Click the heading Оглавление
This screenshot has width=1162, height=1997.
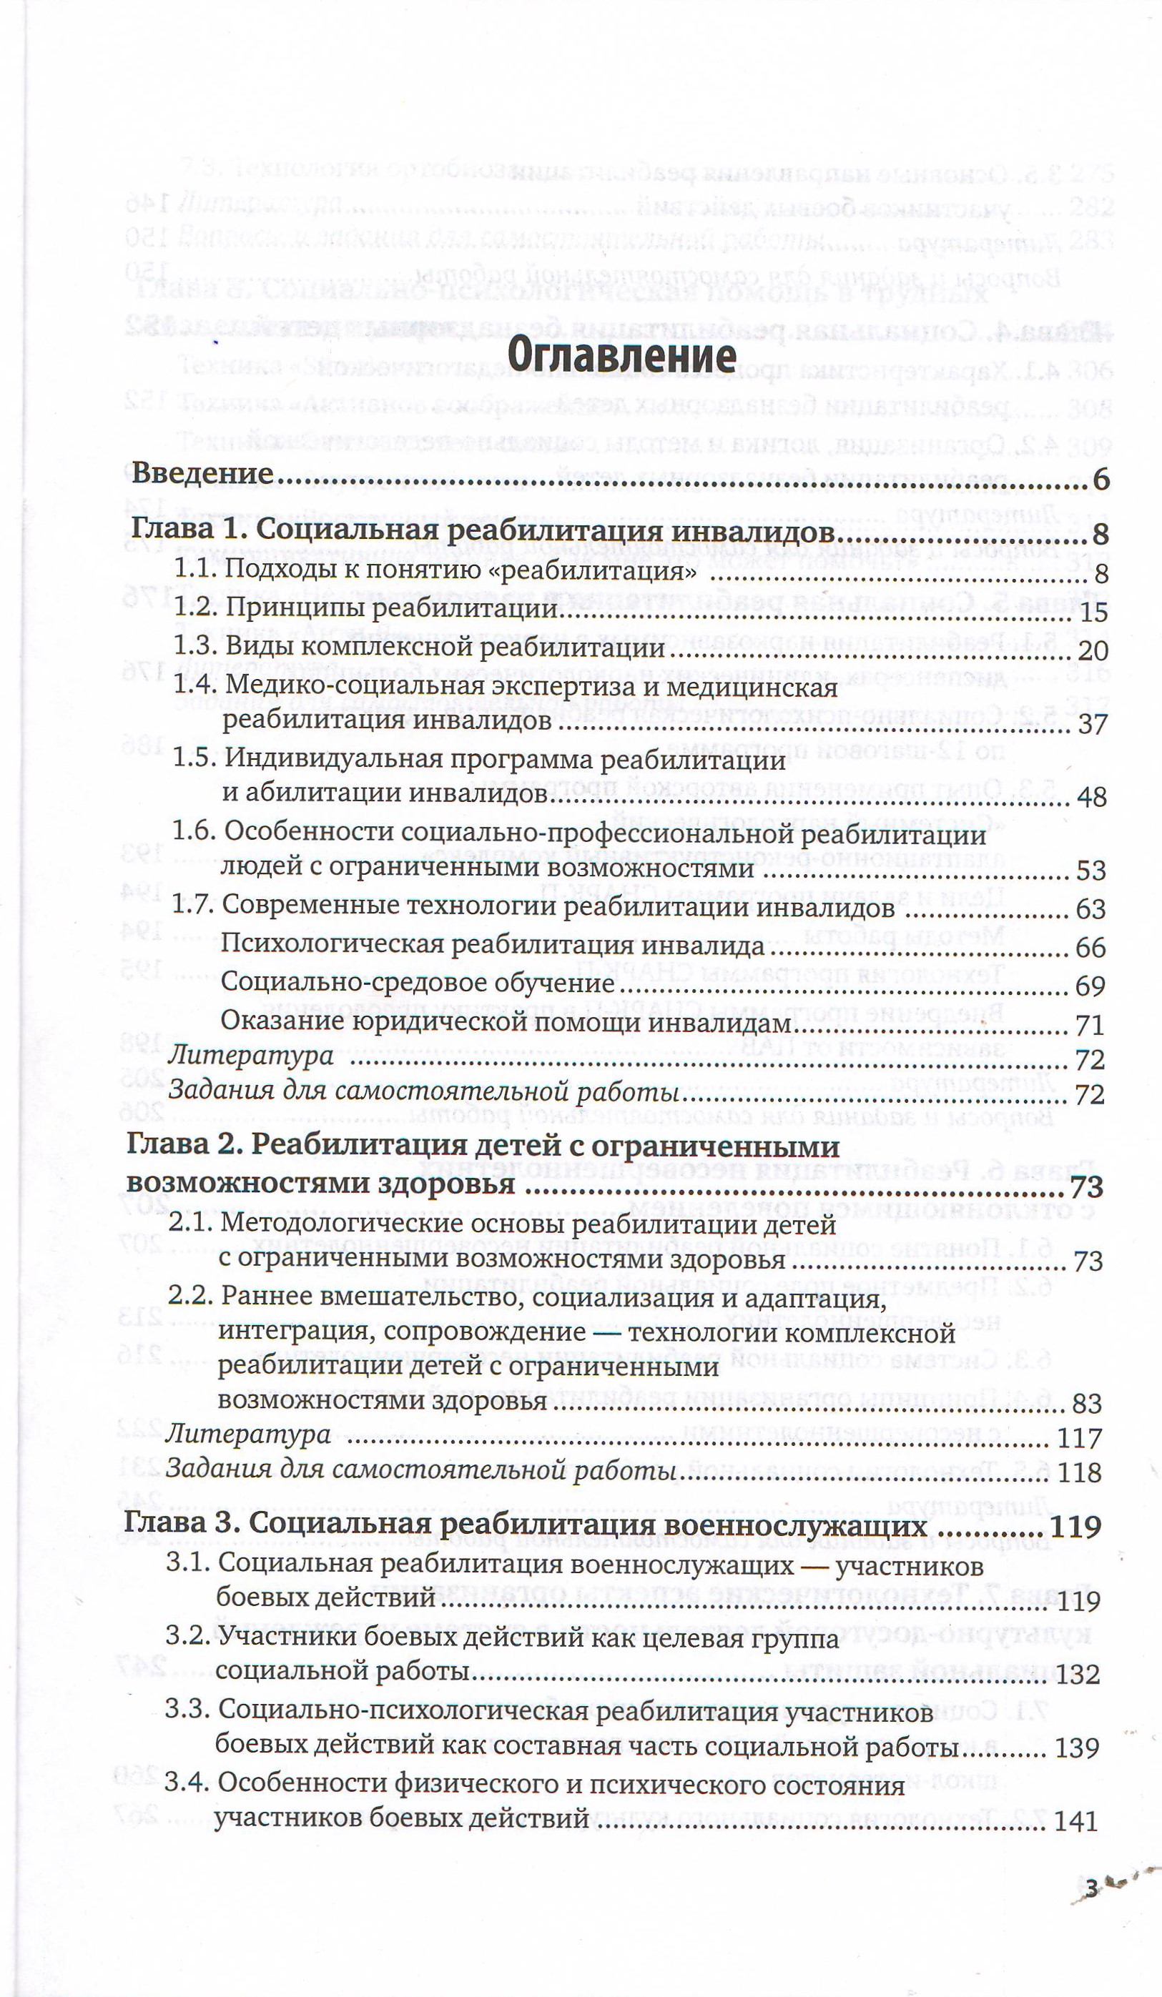(x=621, y=356)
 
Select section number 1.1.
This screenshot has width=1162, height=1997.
(x=195, y=568)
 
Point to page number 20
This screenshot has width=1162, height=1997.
(x=1092, y=651)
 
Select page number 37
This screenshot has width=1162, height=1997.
(x=1092, y=724)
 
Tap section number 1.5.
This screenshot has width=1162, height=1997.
(x=195, y=758)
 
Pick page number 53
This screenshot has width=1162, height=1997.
(x=1091, y=871)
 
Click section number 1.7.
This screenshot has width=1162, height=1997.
(x=193, y=904)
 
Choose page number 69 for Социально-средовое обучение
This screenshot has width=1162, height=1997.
(x=1090, y=986)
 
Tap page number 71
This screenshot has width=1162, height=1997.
(x=1090, y=1026)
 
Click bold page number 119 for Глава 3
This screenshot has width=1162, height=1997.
(x=1075, y=1527)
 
